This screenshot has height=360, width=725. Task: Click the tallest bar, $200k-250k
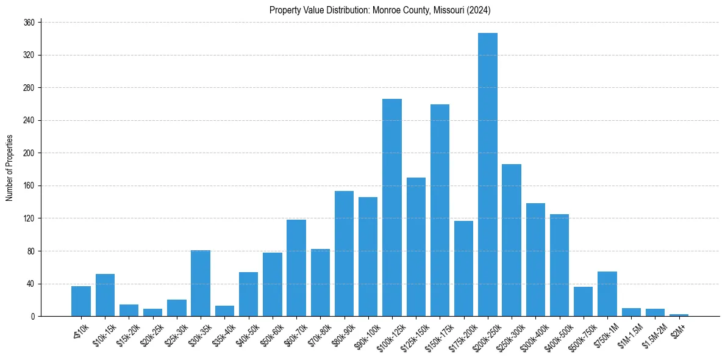pyautogui.click(x=488, y=175)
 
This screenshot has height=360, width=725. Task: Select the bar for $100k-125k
pyautogui.click(x=392, y=207)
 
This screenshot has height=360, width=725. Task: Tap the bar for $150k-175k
pyautogui.click(x=440, y=210)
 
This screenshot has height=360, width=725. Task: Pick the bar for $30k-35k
pyautogui.click(x=201, y=283)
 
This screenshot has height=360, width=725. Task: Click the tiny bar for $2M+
pyautogui.click(x=679, y=315)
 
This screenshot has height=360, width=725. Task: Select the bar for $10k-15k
pyautogui.click(x=105, y=295)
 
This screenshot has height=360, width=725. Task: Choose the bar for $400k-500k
pyautogui.click(x=559, y=265)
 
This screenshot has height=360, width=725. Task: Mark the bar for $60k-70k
pyautogui.click(x=296, y=268)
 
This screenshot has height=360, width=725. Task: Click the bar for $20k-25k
pyautogui.click(x=153, y=312)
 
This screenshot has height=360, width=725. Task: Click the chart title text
pyautogui.click(x=380, y=10)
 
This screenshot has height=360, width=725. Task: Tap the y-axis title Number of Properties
pyautogui.click(x=9, y=168)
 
